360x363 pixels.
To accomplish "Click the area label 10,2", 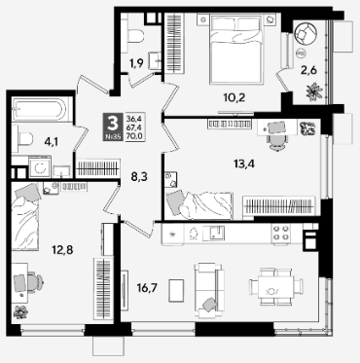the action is (x=234, y=97).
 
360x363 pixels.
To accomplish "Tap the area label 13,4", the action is (x=244, y=164).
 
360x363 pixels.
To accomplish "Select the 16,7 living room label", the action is (x=147, y=287).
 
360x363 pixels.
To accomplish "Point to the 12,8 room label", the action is (x=62, y=250).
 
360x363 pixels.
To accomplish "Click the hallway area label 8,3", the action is (x=140, y=177).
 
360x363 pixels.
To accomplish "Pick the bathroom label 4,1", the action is (x=51, y=142).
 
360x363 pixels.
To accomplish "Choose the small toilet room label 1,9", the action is (x=136, y=63).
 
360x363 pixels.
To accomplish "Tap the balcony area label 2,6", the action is (x=308, y=70).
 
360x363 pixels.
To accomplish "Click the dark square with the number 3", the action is (x=113, y=127).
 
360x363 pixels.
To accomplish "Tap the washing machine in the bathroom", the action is (x=40, y=167).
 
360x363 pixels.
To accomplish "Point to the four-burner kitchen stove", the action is (x=281, y=233).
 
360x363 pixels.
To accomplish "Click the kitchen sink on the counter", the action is (x=214, y=233).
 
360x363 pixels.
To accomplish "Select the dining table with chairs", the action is (x=276, y=286).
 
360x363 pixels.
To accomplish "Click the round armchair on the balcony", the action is (x=306, y=33).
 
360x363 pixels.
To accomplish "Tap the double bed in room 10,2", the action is (x=235, y=49).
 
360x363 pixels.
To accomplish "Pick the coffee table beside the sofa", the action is (x=176, y=290).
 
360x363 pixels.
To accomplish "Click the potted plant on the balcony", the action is (x=314, y=91).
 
